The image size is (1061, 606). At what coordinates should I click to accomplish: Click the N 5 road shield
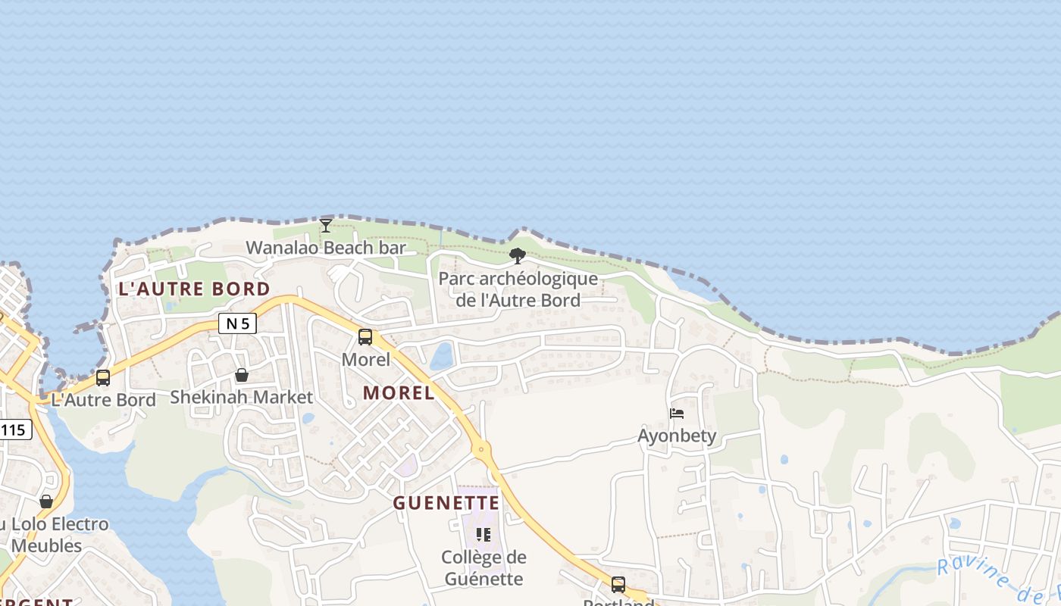(x=237, y=323)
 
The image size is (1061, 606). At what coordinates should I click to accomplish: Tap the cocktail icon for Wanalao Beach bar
(x=326, y=225)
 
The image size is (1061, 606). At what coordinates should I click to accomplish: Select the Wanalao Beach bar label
(x=326, y=248)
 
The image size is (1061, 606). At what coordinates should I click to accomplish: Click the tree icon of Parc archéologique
(x=518, y=255)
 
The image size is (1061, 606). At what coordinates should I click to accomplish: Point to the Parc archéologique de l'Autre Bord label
(x=518, y=289)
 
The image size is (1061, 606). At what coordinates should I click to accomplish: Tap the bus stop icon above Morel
(x=365, y=337)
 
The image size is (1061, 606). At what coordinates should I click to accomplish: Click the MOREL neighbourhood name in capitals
(x=399, y=392)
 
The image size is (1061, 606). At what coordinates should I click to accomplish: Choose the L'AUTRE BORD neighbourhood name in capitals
(x=194, y=289)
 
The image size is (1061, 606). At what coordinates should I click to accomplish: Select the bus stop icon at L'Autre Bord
(x=103, y=377)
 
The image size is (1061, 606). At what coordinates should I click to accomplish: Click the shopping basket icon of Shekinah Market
(x=241, y=375)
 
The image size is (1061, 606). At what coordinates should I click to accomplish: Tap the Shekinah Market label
(x=241, y=397)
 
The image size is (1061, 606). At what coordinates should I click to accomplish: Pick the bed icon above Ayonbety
(x=677, y=414)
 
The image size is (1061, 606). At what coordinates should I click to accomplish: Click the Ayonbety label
(x=677, y=436)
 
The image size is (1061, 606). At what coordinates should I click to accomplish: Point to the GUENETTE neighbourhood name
(x=446, y=503)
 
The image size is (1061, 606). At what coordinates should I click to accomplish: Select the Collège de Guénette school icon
(x=483, y=535)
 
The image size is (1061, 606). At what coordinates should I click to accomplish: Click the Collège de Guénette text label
(x=484, y=568)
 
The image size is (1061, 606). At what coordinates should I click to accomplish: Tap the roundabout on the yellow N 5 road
(x=481, y=449)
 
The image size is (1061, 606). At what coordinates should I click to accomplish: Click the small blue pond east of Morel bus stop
(x=442, y=356)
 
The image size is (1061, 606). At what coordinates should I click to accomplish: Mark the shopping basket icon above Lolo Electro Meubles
(x=46, y=501)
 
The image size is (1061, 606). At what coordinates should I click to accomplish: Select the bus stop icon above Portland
(x=618, y=584)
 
